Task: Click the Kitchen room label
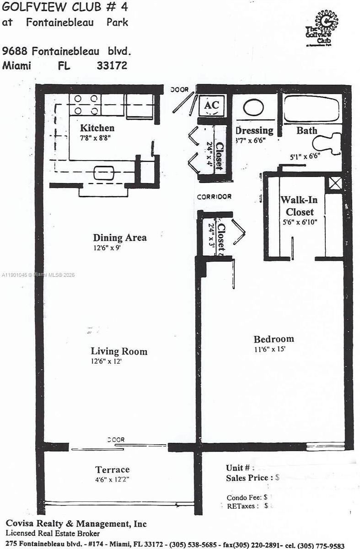pyautogui.click(x=97, y=128)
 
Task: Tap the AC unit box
pyautogui.click(x=211, y=105)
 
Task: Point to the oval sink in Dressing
pyautogui.click(x=253, y=108)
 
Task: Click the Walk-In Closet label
pyautogui.click(x=299, y=206)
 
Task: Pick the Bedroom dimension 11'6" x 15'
pyautogui.click(x=274, y=349)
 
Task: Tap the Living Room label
pyautogui.click(x=119, y=351)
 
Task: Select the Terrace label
pyautogui.click(x=112, y=469)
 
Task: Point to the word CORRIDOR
pyautogui.click(x=214, y=197)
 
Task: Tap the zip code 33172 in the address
pyautogui.click(x=112, y=65)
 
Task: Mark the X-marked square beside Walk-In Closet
pyautogui.click(x=335, y=183)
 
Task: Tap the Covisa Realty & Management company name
pyautogui.click(x=76, y=524)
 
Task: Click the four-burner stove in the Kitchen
pyautogui.click(x=85, y=104)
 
